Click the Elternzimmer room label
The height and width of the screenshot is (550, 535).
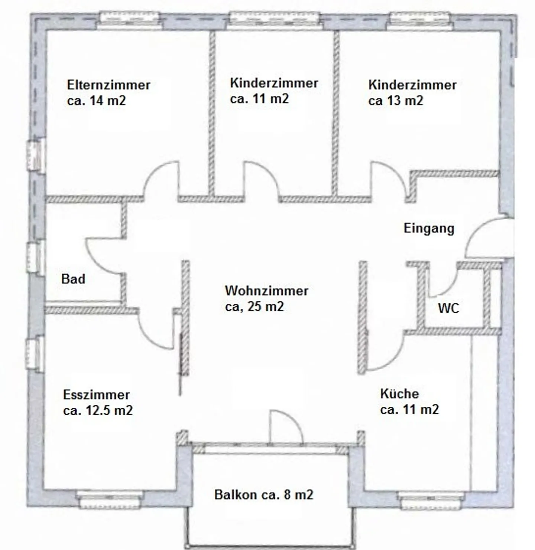coord(108,85)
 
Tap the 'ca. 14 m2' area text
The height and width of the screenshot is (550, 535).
coord(97,101)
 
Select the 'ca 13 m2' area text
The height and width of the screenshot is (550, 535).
coord(396,101)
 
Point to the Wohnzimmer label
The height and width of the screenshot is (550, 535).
coord(266,291)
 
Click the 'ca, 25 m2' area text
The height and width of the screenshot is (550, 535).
coord(254,307)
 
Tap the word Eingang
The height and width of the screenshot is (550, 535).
coord(429,228)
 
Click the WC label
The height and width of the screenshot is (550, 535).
coord(448,308)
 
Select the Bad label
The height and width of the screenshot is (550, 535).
coord(73,279)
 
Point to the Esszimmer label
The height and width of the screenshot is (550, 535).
coord(96,395)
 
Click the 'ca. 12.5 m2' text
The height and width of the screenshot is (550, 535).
coord(98,410)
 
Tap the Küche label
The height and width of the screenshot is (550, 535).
coord(399,393)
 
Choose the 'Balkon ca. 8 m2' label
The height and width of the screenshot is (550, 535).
coord(264,494)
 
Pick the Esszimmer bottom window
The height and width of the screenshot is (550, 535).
coord(110,500)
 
